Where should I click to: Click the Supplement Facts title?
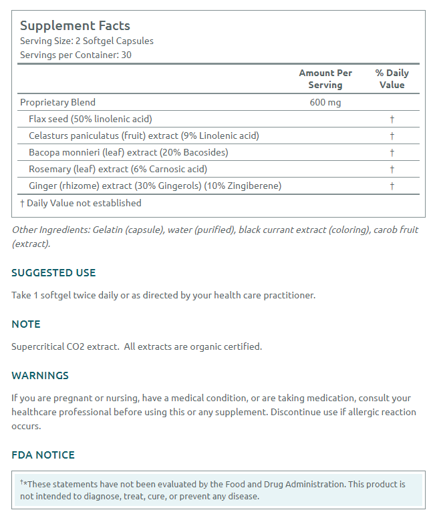tap(75, 26)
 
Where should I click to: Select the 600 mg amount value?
tap(325, 102)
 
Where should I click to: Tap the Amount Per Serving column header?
tap(325, 79)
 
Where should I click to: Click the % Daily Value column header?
tap(392, 79)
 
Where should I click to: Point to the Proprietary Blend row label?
tap(57, 102)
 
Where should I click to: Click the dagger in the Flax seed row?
tap(392, 119)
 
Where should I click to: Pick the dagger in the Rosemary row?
tap(392, 169)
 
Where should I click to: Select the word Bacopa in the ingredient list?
tap(45, 152)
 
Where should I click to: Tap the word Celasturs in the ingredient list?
tap(51, 136)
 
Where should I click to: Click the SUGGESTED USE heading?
tap(53, 272)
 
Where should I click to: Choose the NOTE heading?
tap(26, 324)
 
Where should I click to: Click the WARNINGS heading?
tap(40, 375)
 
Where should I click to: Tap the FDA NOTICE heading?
tap(43, 455)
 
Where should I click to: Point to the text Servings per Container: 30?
tap(76, 55)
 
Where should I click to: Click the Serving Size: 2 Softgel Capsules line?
tap(86, 41)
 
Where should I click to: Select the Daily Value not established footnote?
tap(81, 203)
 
